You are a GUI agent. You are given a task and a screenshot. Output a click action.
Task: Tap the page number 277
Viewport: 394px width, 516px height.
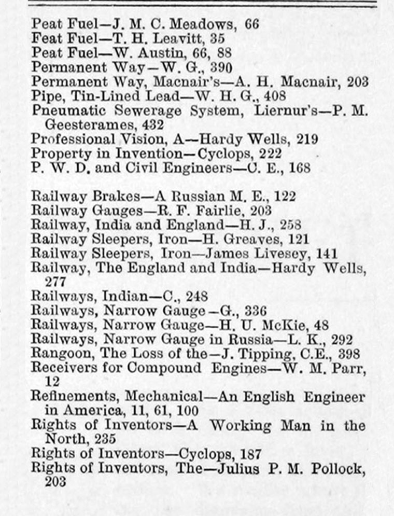pyautogui.click(x=56, y=282)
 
